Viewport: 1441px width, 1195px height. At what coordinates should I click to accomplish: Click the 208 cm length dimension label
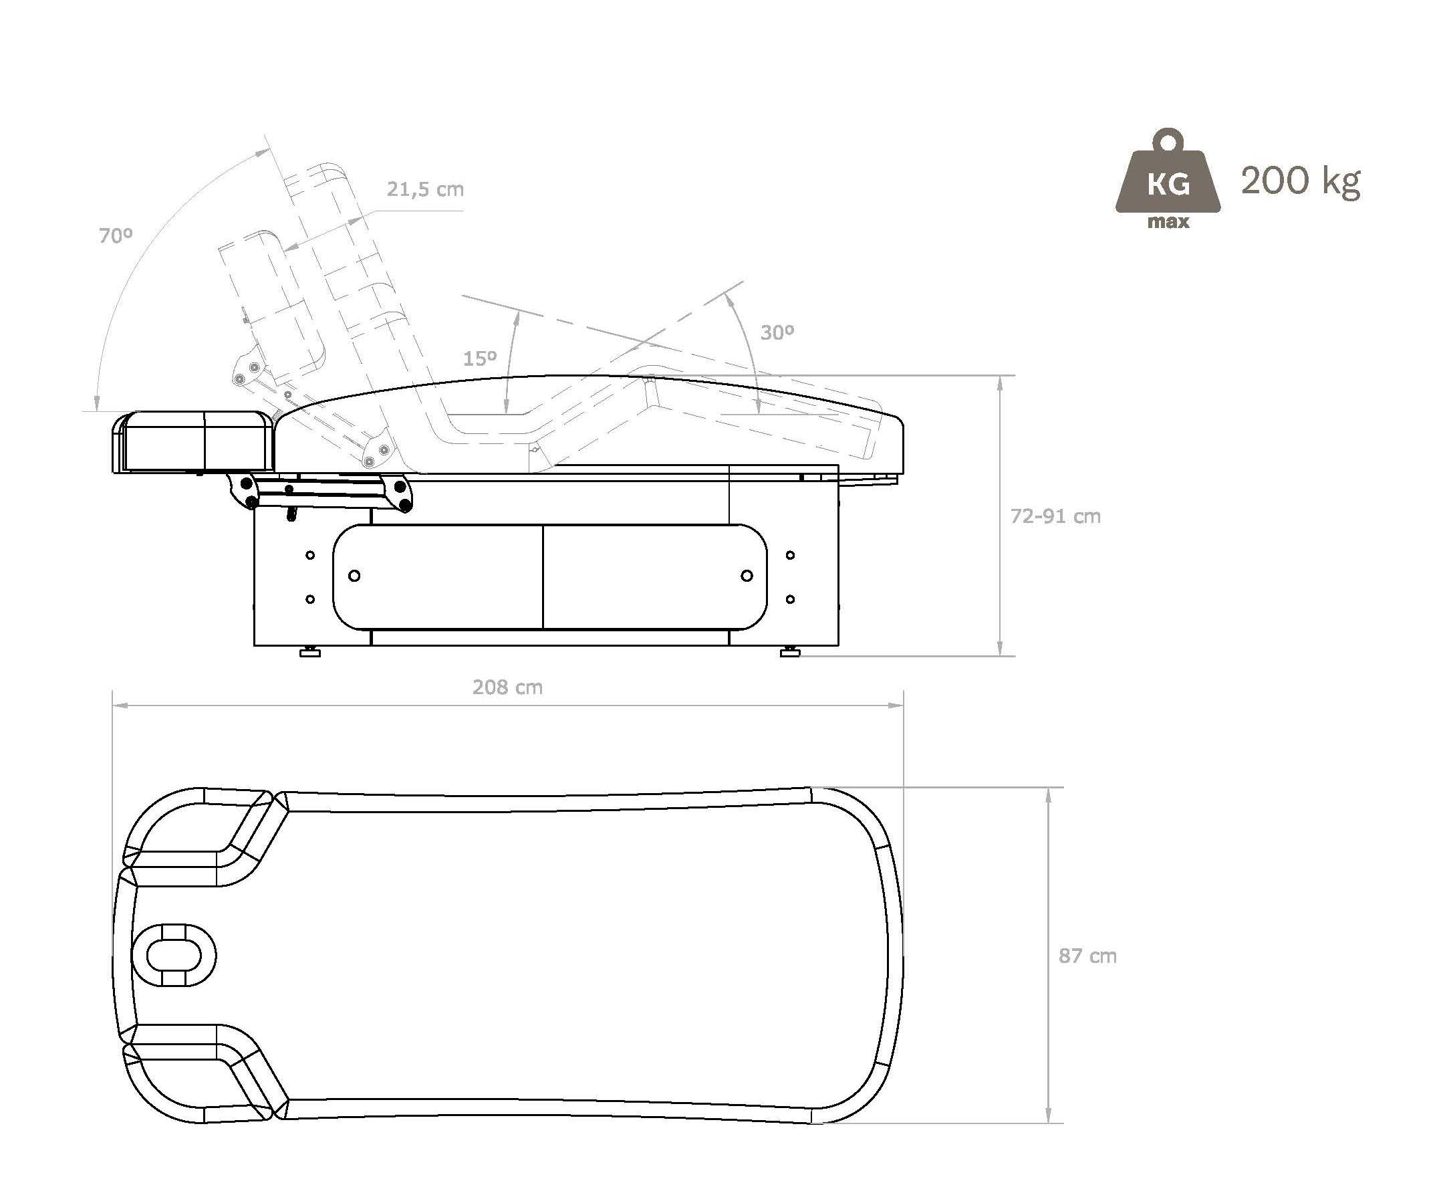point(507,687)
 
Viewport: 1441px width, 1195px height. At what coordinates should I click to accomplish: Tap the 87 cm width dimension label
point(1087,956)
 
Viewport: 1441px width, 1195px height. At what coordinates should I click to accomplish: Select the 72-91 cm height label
point(1055,516)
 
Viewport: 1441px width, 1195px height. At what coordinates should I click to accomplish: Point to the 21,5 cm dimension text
point(426,189)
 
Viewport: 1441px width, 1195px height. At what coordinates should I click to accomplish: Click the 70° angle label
point(115,235)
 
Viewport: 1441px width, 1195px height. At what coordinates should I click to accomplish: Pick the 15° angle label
point(480,358)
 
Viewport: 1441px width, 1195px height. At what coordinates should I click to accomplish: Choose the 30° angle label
point(777,332)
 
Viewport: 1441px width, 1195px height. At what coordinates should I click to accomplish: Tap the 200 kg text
point(1301,181)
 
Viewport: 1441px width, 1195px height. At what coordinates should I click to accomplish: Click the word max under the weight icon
point(1168,222)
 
